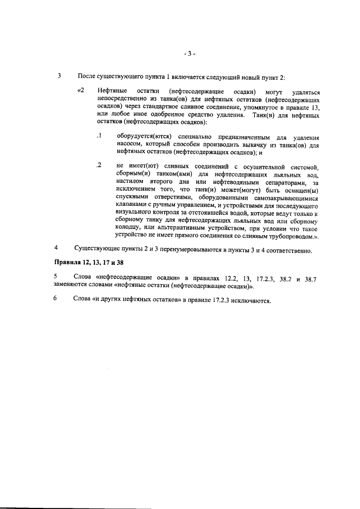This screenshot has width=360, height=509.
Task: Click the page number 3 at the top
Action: pos(190,54)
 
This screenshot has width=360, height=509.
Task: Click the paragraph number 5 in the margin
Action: pos(56,276)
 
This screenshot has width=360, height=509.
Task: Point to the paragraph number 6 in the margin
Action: pos(56,299)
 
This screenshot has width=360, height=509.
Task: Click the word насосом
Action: pos(130,144)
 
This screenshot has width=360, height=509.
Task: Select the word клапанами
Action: pos(133,206)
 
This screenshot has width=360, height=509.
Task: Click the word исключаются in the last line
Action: pos(251,299)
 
